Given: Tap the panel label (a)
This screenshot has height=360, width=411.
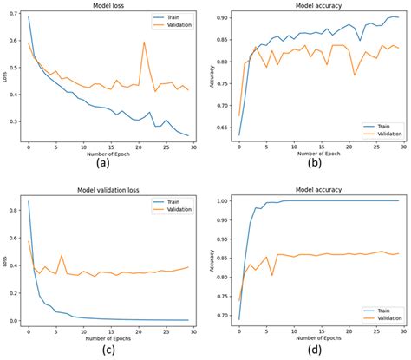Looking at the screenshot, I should point(103,163).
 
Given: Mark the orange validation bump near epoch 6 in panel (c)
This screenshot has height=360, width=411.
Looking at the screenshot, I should point(61,255).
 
